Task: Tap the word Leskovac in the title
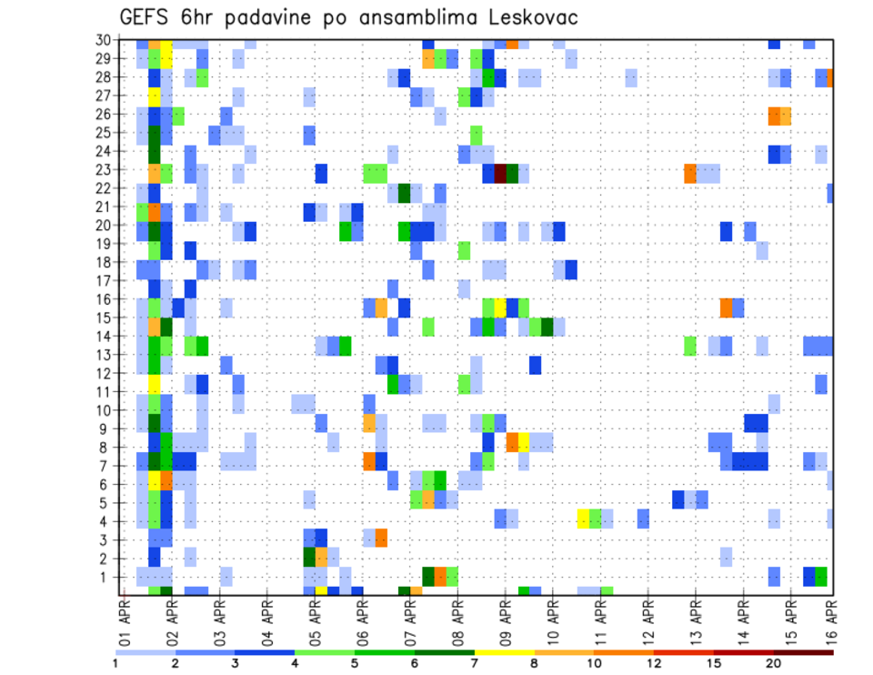pyautogui.click(x=529, y=18)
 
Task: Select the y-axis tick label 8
pyautogui.click(x=107, y=448)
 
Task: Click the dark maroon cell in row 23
pyautogui.click(x=499, y=173)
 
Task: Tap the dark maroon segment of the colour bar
pyautogui.click(x=803, y=651)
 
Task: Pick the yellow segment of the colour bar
pyautogui.click(x=504, y=651)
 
